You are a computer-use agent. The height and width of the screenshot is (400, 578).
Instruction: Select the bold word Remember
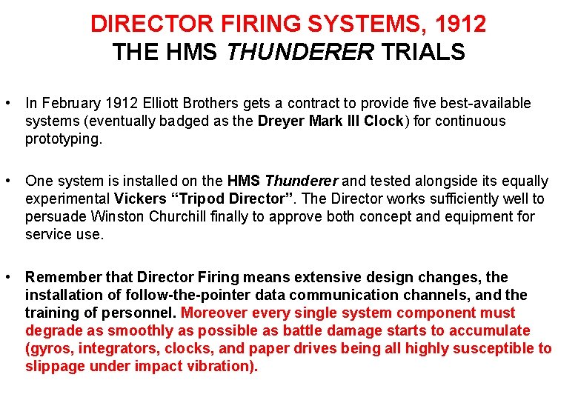(63, 278)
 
